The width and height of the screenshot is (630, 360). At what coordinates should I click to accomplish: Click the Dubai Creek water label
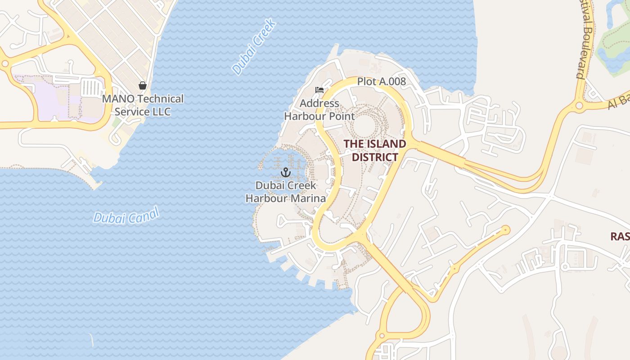click(254, 46)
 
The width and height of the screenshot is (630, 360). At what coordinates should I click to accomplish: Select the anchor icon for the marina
click(285, 172)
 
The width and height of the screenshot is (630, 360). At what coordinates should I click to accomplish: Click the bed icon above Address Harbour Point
click(319, 90)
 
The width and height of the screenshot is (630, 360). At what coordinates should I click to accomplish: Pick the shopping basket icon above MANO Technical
click(143, 85)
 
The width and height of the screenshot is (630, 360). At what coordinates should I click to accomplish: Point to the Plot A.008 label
click(382, 81)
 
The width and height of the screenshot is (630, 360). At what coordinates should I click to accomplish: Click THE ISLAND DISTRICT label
click(375, 150)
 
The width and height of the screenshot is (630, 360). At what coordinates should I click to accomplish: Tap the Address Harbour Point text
click(319, 110)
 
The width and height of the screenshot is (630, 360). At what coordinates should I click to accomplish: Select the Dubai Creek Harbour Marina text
click(285, 192)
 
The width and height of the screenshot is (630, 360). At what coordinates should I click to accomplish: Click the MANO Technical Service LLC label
click(143, 105)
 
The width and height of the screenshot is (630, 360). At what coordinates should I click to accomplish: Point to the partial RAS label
click(620, 236)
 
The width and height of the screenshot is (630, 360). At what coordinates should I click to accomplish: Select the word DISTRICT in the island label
click(375, 157)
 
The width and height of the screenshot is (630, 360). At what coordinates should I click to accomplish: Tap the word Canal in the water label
click(144, 214)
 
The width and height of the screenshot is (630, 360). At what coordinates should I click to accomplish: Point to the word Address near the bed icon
click(319, 103)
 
